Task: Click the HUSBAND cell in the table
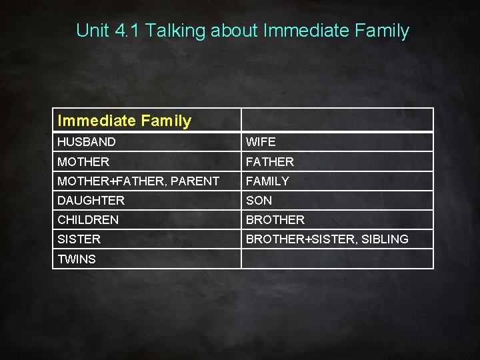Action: coord(87,142)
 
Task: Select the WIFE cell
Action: coord(261,142)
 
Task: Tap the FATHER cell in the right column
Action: coord(270,161)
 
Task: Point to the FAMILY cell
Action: coord(267,181)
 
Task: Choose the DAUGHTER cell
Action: coord(91,200)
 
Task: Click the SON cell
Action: coord(259,200)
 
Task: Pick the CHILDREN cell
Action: coord(88,219)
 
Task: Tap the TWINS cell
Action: coord(77,259)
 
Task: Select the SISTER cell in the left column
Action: coord(79,239)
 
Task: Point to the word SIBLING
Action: coord(384,239)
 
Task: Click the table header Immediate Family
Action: coord(124,121)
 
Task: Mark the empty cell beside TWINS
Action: coord(337,259)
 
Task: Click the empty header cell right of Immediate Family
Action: coord(337,120)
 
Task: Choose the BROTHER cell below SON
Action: coord(275,219)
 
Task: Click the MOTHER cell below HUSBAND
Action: coord(83,161)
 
